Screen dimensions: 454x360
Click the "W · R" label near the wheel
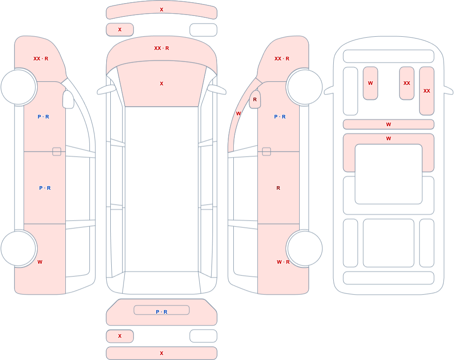(x=283, y=262)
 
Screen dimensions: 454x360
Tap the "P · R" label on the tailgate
(x=162, y=312)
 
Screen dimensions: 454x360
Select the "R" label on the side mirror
(x=255, y=99)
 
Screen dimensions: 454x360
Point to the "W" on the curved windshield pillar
(x=238, y=113)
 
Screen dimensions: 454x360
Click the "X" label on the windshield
(x=162, y=84)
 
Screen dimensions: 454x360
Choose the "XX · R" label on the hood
(x=162, y=49)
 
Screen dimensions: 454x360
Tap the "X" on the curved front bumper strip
(x=162, y=10)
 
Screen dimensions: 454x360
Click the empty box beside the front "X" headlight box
(x=203, y=30)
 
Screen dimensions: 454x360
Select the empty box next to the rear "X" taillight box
(x=203, y=336)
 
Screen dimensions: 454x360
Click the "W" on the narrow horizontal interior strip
(x=389, y=124)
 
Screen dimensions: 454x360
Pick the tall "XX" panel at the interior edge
(x=427, y=91)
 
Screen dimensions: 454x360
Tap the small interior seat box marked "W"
(x=370, y=84)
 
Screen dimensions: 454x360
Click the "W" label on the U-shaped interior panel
(x=389, y=139)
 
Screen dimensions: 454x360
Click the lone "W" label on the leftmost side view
(x=40, y=262)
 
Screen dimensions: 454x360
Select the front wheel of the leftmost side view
(x=19, y=87)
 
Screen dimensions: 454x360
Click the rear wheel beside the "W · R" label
(x=304, y=248)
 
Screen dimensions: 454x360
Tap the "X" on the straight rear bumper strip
(x=162, y=353)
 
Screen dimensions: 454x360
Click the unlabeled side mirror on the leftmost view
(x=69, y=99)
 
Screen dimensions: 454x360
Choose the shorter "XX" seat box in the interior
(x=407, y=84)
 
